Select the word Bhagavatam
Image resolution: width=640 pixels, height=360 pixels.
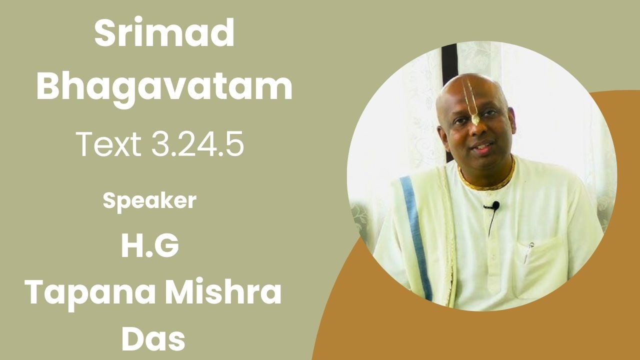pos(164,86)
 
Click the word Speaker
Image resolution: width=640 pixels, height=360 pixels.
pos(149,200)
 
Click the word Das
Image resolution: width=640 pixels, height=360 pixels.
pos(153,338)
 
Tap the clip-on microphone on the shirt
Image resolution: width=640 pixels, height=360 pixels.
pos(495,205)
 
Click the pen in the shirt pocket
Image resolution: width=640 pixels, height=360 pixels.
pos(528,252)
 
